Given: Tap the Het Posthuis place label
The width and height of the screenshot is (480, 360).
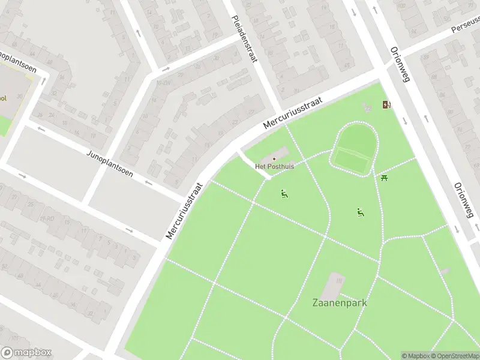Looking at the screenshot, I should (275, 166).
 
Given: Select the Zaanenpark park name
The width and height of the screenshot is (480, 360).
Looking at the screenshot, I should (340, 302).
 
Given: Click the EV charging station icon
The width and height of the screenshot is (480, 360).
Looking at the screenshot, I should (387, 105).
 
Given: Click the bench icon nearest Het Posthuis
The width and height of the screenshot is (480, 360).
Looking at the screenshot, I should (284, 193).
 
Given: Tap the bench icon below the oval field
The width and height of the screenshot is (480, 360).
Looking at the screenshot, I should (360, 212).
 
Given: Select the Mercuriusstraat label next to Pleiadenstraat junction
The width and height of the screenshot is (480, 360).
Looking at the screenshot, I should (292, 114).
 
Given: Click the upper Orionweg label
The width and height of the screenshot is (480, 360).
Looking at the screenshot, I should (395, 65).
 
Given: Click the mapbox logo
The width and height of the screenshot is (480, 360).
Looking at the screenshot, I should (26, 353).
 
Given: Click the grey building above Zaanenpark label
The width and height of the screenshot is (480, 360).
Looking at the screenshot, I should (335, 283).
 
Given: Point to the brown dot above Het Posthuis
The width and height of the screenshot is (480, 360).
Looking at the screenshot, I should (275, 159).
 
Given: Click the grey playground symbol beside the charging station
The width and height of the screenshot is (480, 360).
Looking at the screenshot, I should (366, 107).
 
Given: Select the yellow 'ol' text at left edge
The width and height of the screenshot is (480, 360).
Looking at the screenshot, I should (3, 98).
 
